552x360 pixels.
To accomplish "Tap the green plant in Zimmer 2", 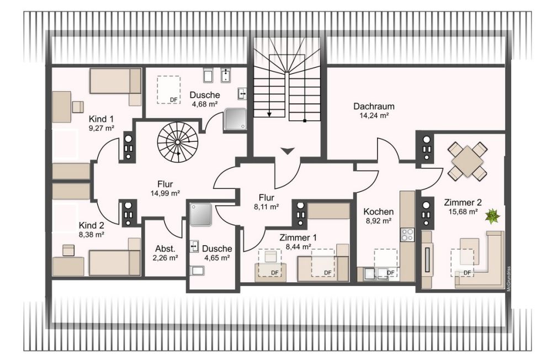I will (x=490, y=216).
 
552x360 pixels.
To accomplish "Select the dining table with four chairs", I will (x=467, y=161).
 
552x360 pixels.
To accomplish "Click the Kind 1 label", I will (x=101, y=119).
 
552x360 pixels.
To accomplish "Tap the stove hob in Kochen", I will (x=407, y=234).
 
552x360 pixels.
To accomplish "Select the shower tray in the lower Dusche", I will (x=201, y=214).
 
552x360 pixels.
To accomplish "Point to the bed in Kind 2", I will (x=115, y=262).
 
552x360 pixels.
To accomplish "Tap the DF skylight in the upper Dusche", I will (x=169, y=89).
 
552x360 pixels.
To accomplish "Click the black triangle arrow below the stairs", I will (x=288, y=151).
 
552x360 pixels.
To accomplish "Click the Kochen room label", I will (x=378, y=211).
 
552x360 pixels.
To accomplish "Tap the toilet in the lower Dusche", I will (x=196, y=271).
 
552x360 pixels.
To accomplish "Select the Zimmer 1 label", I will (x=298, y=238).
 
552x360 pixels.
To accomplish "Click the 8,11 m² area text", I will (x=266, y=207).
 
